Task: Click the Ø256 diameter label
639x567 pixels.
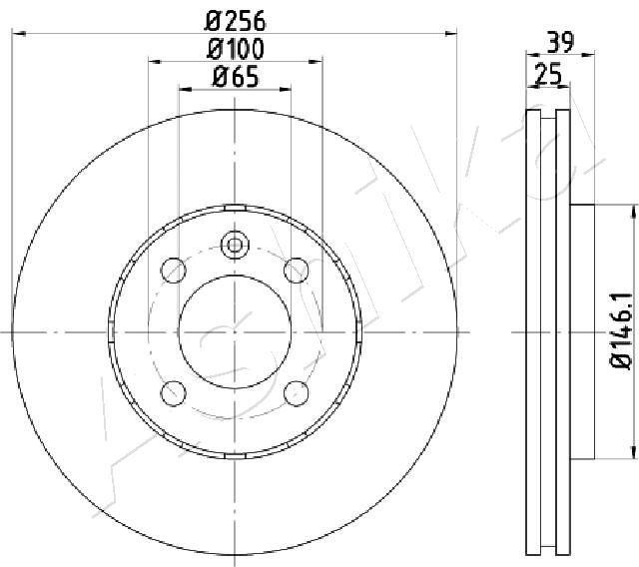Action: [236, 21]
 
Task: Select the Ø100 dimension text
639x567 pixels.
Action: [236, 49]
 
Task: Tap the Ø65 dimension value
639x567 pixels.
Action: [236, 77]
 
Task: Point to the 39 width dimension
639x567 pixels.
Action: [560, 42]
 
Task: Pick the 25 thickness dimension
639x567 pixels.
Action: [548, 74]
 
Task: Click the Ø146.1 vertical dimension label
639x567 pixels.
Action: [621, 331]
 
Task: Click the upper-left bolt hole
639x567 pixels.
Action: [174, 271]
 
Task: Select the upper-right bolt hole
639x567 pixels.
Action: [296, 271]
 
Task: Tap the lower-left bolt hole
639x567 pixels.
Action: [174, 393]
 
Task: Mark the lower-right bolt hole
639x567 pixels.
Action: [296, 393]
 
